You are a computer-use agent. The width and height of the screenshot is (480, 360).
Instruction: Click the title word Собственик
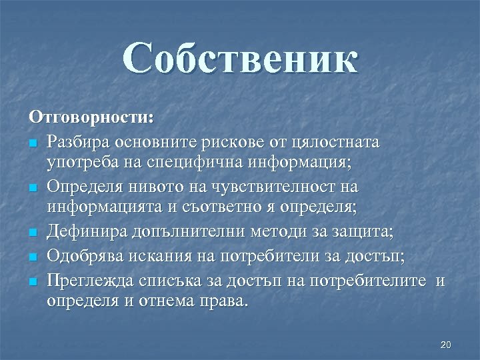(241, 59)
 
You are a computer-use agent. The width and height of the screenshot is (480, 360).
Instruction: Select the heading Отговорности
(91, 117)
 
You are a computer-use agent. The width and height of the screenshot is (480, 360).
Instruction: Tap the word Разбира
(78, 142)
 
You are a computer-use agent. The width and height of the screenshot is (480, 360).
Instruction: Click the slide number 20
(446, 345)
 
